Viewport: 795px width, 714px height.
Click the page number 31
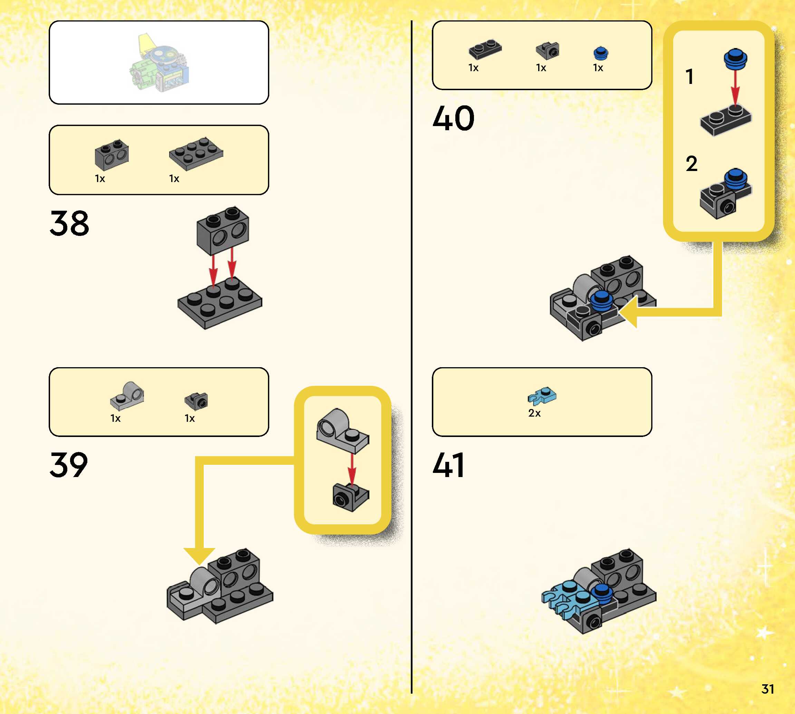coord(768,689)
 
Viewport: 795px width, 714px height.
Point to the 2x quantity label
coord(534,413)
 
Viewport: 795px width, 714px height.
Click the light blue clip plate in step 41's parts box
coord(542,396)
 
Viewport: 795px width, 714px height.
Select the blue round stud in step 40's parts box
coord(601,53)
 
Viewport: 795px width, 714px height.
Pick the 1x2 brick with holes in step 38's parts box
coord(112,154)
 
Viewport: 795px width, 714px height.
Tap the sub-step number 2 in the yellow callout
coord(691,164)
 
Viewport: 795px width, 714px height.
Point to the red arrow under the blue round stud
coord(735,88)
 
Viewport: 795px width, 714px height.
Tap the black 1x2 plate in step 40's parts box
coord(485,49)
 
